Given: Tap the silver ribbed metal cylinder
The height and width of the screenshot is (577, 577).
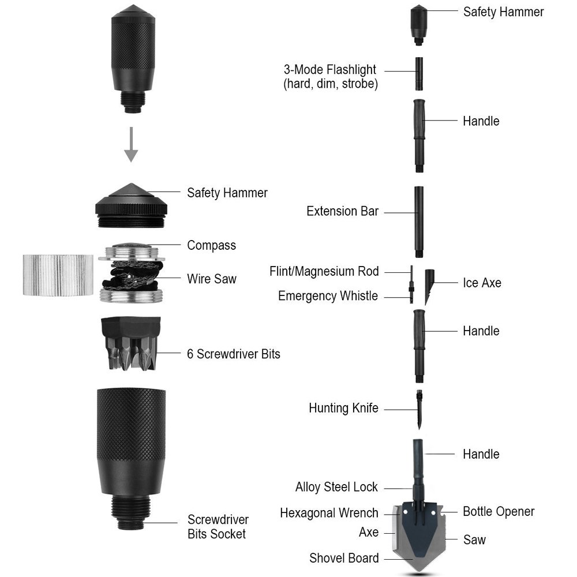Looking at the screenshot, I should [58, 275].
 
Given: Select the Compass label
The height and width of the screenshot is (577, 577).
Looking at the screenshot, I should [211, 245].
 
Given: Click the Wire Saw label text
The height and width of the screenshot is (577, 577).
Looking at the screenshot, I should [211, 279].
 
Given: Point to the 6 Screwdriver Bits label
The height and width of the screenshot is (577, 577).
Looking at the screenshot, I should [233, 354].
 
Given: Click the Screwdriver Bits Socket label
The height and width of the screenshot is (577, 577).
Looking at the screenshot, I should [217, 527].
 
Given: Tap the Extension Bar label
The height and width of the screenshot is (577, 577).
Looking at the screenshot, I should [342, 211].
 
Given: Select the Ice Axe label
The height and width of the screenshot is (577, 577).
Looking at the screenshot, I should [482, 283].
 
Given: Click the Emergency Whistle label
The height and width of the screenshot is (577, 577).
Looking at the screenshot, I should [328, 296].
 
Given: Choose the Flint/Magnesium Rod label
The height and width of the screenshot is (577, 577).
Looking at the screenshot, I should [324, 271].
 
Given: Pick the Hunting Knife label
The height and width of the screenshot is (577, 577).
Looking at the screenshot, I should [343, 409].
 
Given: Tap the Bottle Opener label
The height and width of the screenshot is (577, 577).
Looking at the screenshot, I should [499, 512].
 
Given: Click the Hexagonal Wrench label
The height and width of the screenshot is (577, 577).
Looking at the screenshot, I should [329, 513].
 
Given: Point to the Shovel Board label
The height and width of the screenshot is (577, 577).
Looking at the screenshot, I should [344, 558].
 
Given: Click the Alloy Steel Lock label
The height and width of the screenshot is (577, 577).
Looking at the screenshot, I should [336, 488].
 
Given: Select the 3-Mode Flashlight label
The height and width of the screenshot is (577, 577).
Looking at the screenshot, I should [329, 76].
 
